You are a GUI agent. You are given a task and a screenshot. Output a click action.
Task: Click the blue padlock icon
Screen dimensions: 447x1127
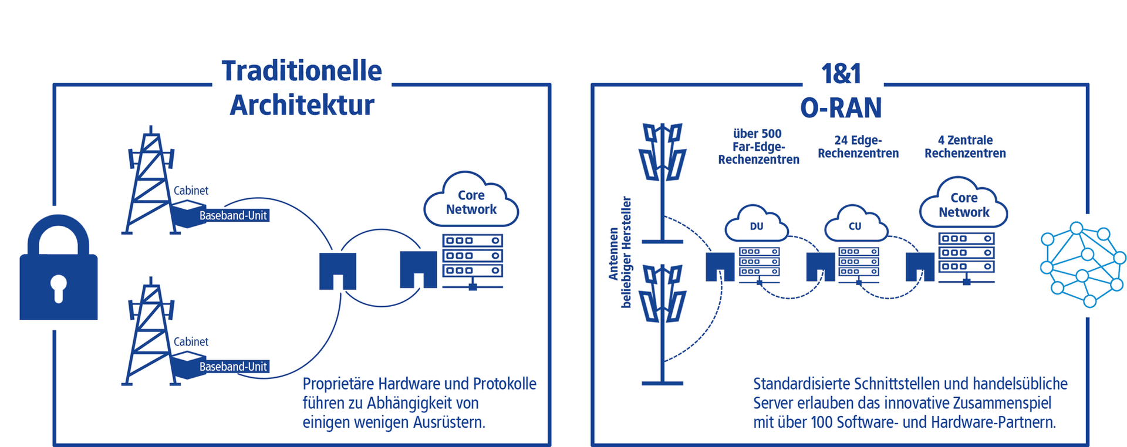click(x=58, y=270)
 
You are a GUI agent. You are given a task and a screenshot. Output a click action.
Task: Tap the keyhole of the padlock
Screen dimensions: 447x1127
click(x=58, y=287)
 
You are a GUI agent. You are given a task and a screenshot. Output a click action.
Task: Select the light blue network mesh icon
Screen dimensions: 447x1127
click(x=1083, y=264)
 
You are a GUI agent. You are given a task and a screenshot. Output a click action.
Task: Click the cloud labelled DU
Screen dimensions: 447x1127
click(x=757, y=225)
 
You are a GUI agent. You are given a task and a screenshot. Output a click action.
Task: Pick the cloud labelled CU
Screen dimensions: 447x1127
click(x=855, y=225)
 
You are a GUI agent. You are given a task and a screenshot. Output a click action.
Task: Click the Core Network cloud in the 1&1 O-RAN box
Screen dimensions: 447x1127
click(x=964, y=205)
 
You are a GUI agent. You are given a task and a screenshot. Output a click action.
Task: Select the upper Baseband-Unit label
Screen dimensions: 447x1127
click(x=233, y=215)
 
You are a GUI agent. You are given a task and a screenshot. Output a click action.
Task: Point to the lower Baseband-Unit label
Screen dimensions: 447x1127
click(x=233, y=367)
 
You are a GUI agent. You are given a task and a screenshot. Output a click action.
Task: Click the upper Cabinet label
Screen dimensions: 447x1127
click(x=191, y=191)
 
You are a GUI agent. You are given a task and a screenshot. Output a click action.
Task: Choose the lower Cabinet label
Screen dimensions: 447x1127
click(x=191, y=341)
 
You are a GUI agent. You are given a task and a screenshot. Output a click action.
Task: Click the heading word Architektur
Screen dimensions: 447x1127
click(x=302, y=106)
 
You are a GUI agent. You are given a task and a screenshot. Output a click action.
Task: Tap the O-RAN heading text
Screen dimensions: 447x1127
click(x=841, y=108)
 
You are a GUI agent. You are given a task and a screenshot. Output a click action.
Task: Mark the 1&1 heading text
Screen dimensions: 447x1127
click(x=841, y=74)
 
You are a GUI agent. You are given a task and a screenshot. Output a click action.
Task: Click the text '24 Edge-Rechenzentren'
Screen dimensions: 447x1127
click(x=858, y=147)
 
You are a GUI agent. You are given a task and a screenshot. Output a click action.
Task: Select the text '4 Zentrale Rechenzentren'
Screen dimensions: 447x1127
click(x=965, y=147)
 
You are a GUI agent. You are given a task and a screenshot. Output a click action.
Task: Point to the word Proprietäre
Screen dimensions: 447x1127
click(x=339, y=384)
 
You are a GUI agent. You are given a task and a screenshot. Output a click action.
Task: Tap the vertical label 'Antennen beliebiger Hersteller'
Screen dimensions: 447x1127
click(x=620, y=252)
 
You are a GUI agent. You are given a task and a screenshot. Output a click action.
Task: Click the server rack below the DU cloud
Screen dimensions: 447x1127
click(x=759, y=262)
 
